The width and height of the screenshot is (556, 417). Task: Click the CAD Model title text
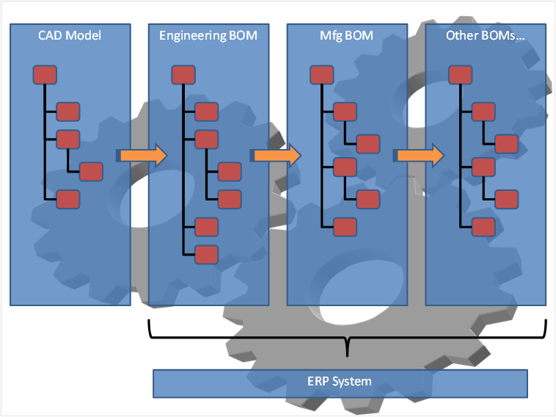70,35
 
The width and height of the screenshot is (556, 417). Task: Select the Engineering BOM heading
208,35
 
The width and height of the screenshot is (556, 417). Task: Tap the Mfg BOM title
346,35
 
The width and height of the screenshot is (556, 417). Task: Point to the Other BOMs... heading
485,35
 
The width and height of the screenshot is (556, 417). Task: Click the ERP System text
340,381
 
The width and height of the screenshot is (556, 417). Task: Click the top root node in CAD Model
45,75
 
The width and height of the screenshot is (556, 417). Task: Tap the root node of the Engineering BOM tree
183,75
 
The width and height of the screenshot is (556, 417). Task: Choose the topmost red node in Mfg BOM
322,75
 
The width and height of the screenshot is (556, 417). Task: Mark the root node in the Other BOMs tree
460,75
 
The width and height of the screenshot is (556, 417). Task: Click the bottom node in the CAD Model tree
68,199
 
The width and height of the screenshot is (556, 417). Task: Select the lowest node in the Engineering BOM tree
207,254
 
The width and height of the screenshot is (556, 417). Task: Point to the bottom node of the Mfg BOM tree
345,227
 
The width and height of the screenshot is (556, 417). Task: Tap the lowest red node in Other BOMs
483,227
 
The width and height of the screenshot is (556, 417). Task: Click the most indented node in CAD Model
91,172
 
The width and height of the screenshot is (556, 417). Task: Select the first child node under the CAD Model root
68,112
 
